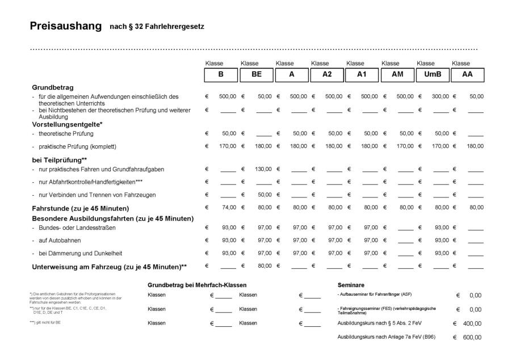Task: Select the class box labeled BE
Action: click(257, 74)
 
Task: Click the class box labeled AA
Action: click(468, 74)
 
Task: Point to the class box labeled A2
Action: click(327, 74)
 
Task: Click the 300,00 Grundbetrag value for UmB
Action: click(440, 96)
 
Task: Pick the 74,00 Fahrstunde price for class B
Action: click(229, 207)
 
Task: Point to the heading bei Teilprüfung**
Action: click(59, 160)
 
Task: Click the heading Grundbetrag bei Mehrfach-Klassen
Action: click(196, 285)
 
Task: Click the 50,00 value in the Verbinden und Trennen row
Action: click(264, 195)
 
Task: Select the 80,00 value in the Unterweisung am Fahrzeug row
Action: click(264, 266)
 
